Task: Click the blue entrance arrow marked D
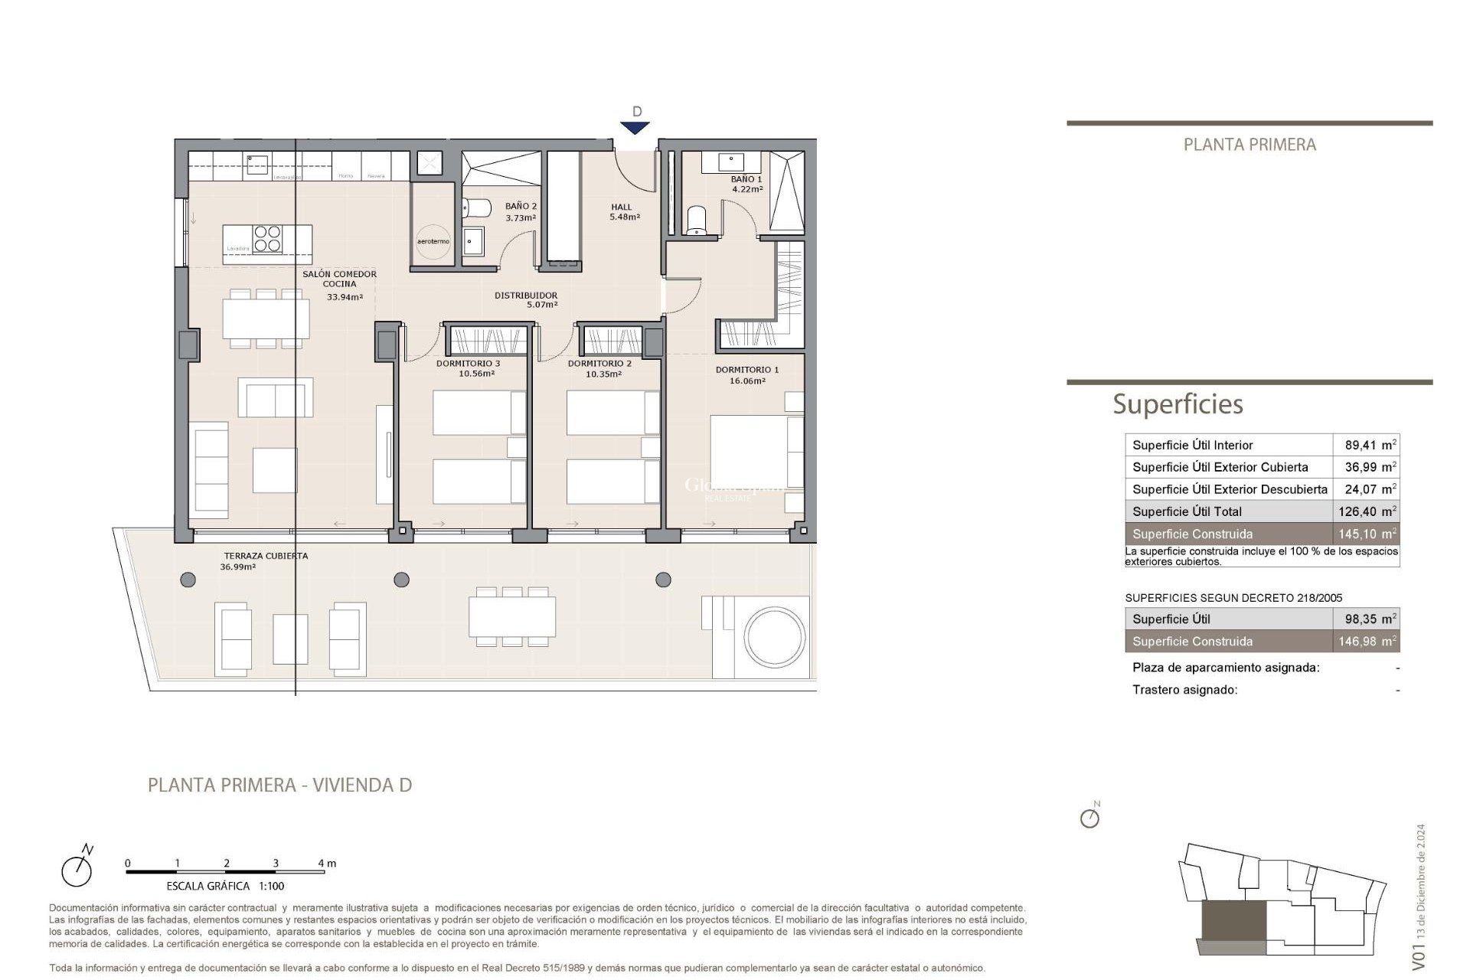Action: pos(635,128)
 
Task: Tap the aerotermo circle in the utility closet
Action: pos(433,240)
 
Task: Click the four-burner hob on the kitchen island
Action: pos(267,238)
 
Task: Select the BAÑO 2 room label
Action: pos(521,211)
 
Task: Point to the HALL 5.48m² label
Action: pos(623,211)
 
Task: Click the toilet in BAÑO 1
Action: pos(696,220)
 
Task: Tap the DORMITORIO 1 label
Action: pos(746,374)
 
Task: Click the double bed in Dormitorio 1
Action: pos(754,451)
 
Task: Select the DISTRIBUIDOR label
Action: pos(526,299)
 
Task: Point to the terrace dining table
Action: pos(512,617)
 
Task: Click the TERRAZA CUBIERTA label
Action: pos(265,560)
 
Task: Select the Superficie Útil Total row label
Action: pos(1187,511)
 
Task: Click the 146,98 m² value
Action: pos(1367,642)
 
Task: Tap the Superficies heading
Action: pos(1178,404)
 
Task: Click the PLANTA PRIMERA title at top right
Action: pos(1249,145)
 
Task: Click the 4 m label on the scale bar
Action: pos(327,863)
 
